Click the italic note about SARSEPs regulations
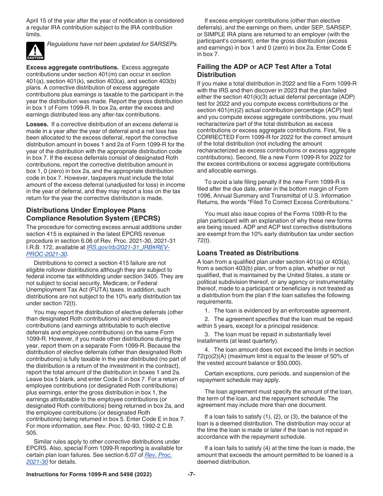[x=112, y=44]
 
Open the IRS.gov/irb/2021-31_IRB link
[x=128, y=247]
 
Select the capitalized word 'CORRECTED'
[x=218, y=137]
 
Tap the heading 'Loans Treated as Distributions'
[x=248, y=253]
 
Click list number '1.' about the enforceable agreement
[x=207, y=311]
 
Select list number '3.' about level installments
[x=207, y=334]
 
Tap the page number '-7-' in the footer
[x=191, y=475]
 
